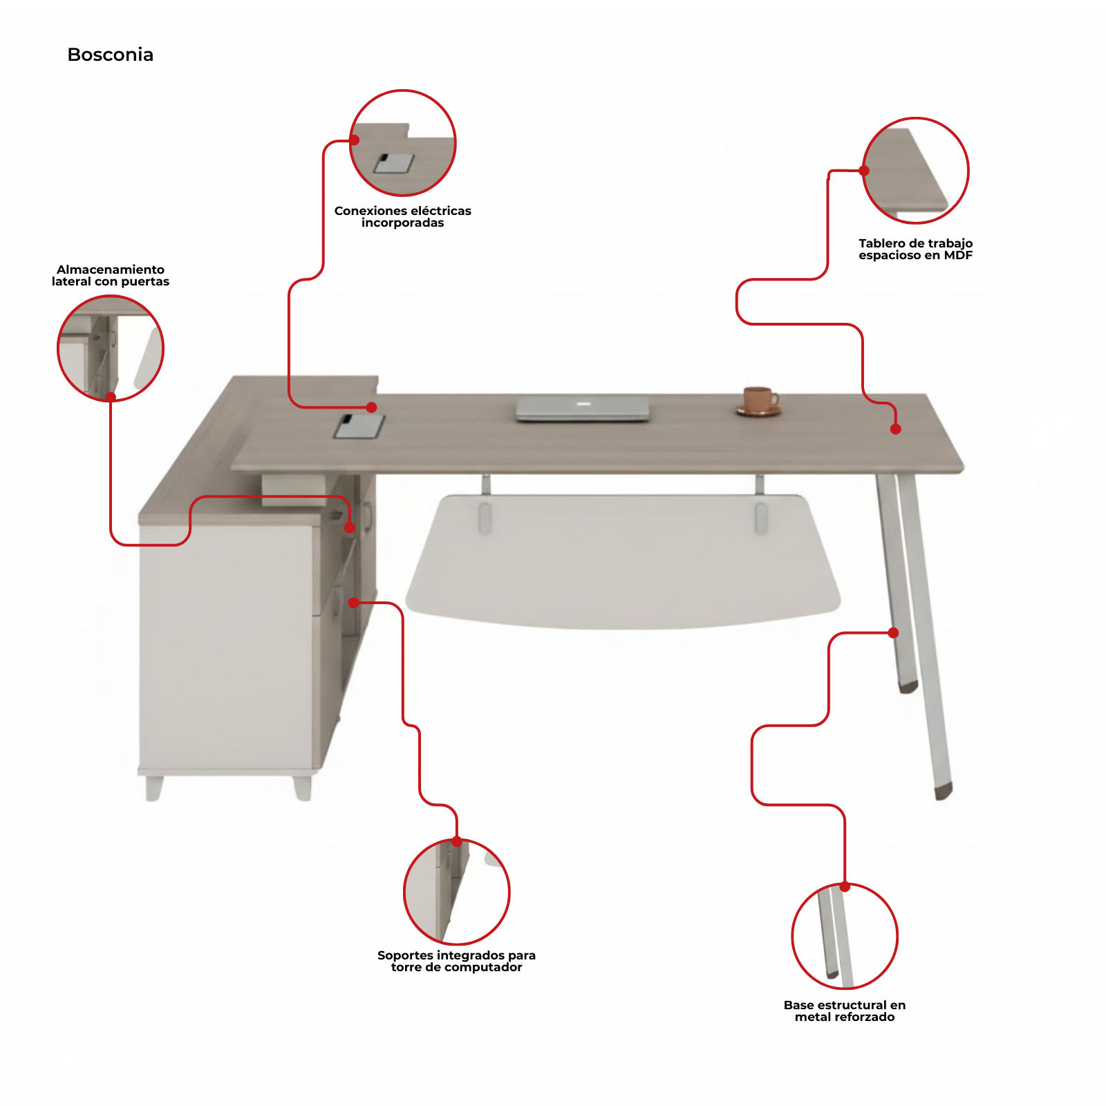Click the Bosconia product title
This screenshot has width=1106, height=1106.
click(x=111, y=55)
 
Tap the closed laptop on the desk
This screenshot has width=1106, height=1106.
click(x=583, y=409)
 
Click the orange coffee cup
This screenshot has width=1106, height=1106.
click(x=759, y=400)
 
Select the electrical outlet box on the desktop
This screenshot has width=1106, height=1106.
click(x=359, y=426)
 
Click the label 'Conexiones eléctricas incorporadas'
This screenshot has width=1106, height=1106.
click(x=403, y=216)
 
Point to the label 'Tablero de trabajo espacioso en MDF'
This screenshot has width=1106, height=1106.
click(x=916, y=249)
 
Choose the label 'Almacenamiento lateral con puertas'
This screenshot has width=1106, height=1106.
click(x=111, y=275)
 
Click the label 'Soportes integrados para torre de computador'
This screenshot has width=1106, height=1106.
click(x=457, y=961)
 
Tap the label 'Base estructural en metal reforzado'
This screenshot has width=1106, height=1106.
click(x=845, y=1011)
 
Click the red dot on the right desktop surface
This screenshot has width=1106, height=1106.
click(x=896, y=429)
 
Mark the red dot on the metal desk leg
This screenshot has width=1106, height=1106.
click(x=894, y=632)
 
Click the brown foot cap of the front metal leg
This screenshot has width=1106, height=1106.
click(x=944, y=791)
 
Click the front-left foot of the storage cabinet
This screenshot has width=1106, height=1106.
click(x=153, y=788)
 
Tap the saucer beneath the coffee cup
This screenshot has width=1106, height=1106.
click(x=758, y=412)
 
